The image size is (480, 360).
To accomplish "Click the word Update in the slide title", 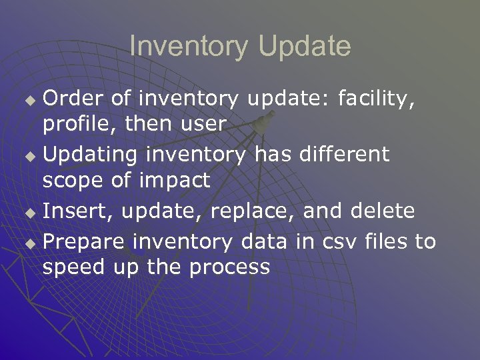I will click(304, 47).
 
